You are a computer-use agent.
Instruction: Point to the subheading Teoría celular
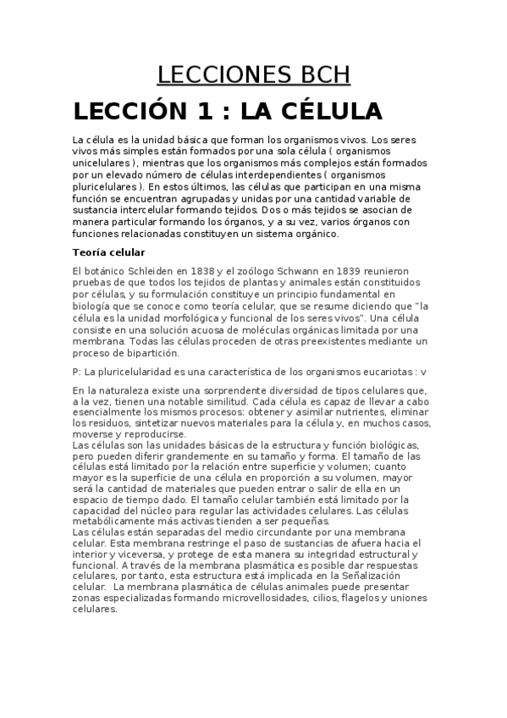click(x=109, y=252)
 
